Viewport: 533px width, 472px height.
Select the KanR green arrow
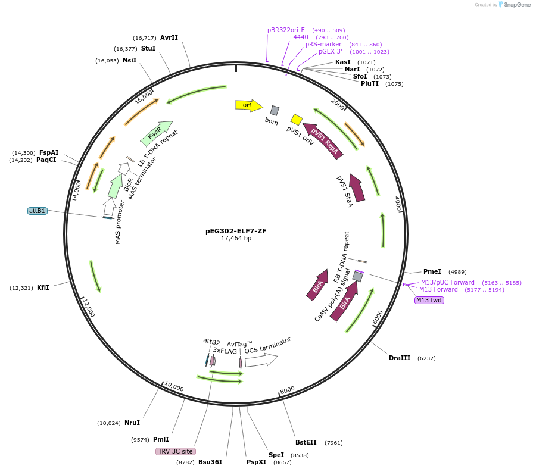click(156, 133)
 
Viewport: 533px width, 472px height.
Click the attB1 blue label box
click(38, 211)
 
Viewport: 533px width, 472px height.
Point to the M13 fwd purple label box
click(429, 300)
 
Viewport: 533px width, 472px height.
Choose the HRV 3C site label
click(175, 451)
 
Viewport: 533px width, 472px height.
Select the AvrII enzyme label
click(169, 37)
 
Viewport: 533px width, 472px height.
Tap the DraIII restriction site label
click(400, 358)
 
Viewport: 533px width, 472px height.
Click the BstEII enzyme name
click(306, 442)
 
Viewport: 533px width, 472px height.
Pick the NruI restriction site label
click(132, 423)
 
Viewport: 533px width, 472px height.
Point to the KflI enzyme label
click(43, 287)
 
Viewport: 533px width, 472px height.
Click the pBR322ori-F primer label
click(286, 30)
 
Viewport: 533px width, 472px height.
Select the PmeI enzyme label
click(432, 271)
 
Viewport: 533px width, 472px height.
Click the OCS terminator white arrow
click(261, 360)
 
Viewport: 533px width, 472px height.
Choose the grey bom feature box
click(275, 110)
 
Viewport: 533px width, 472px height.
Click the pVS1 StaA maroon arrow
click(357, 188)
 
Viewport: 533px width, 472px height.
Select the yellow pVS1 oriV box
click(297, 119)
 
